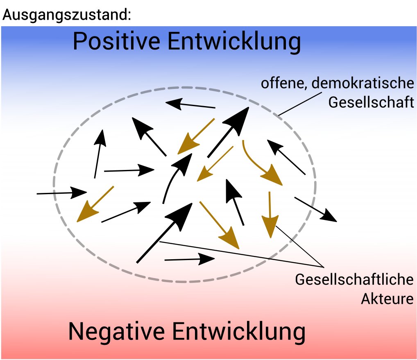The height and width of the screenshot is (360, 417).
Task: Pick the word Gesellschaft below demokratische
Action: (x=371, y=102)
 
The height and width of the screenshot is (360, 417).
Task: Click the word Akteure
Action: (x=387, y=299)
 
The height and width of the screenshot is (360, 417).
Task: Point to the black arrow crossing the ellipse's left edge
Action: (x=61, y=192)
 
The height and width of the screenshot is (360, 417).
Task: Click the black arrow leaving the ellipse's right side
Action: (x=315, y=209)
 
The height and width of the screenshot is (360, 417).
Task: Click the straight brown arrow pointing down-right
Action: (x=219, y=225)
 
